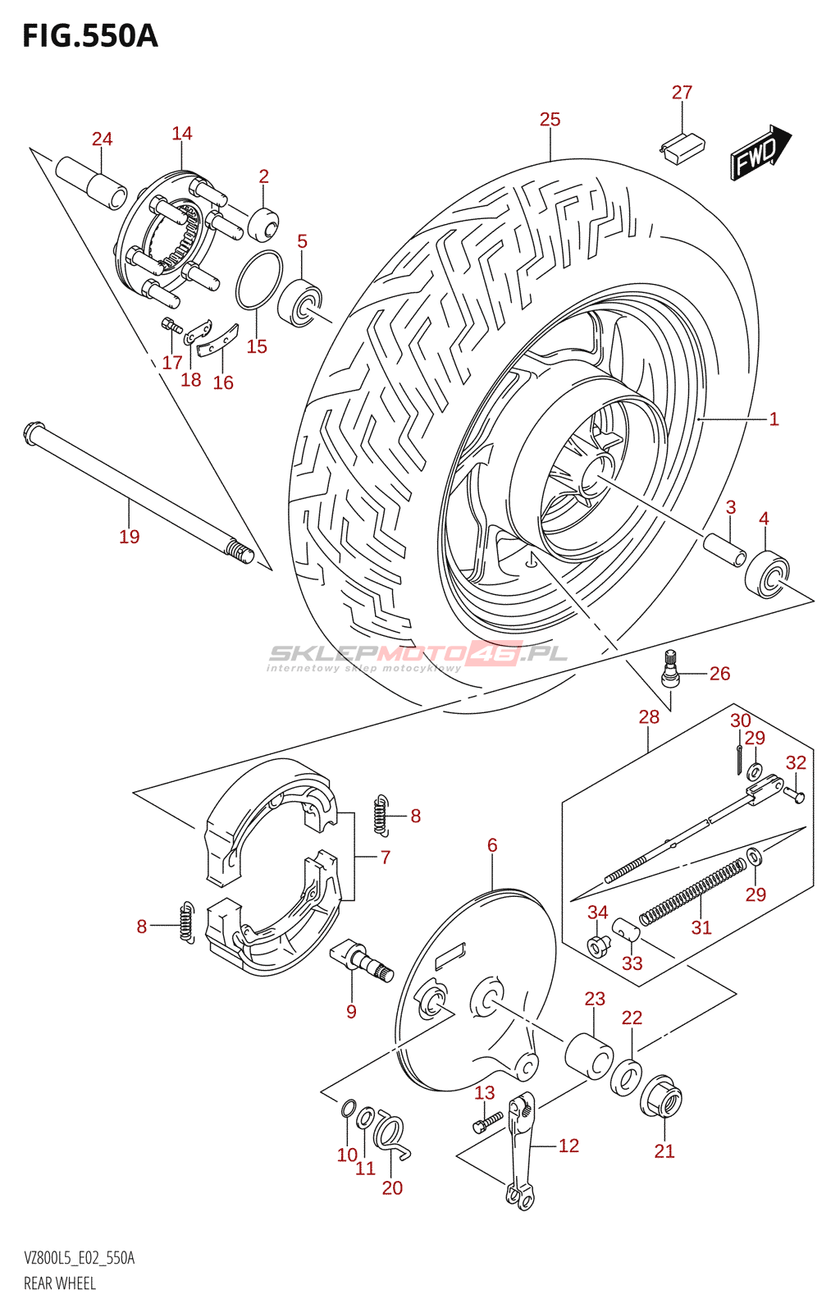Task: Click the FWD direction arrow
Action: pos(760,152)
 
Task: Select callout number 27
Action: pos(682,92)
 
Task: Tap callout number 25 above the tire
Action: pos(550,119)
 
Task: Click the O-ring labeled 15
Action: pos(258,279)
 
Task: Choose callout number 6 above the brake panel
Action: pos(492,844)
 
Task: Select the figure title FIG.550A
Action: pos(90,37)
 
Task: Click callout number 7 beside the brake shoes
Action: pos(385,857)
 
